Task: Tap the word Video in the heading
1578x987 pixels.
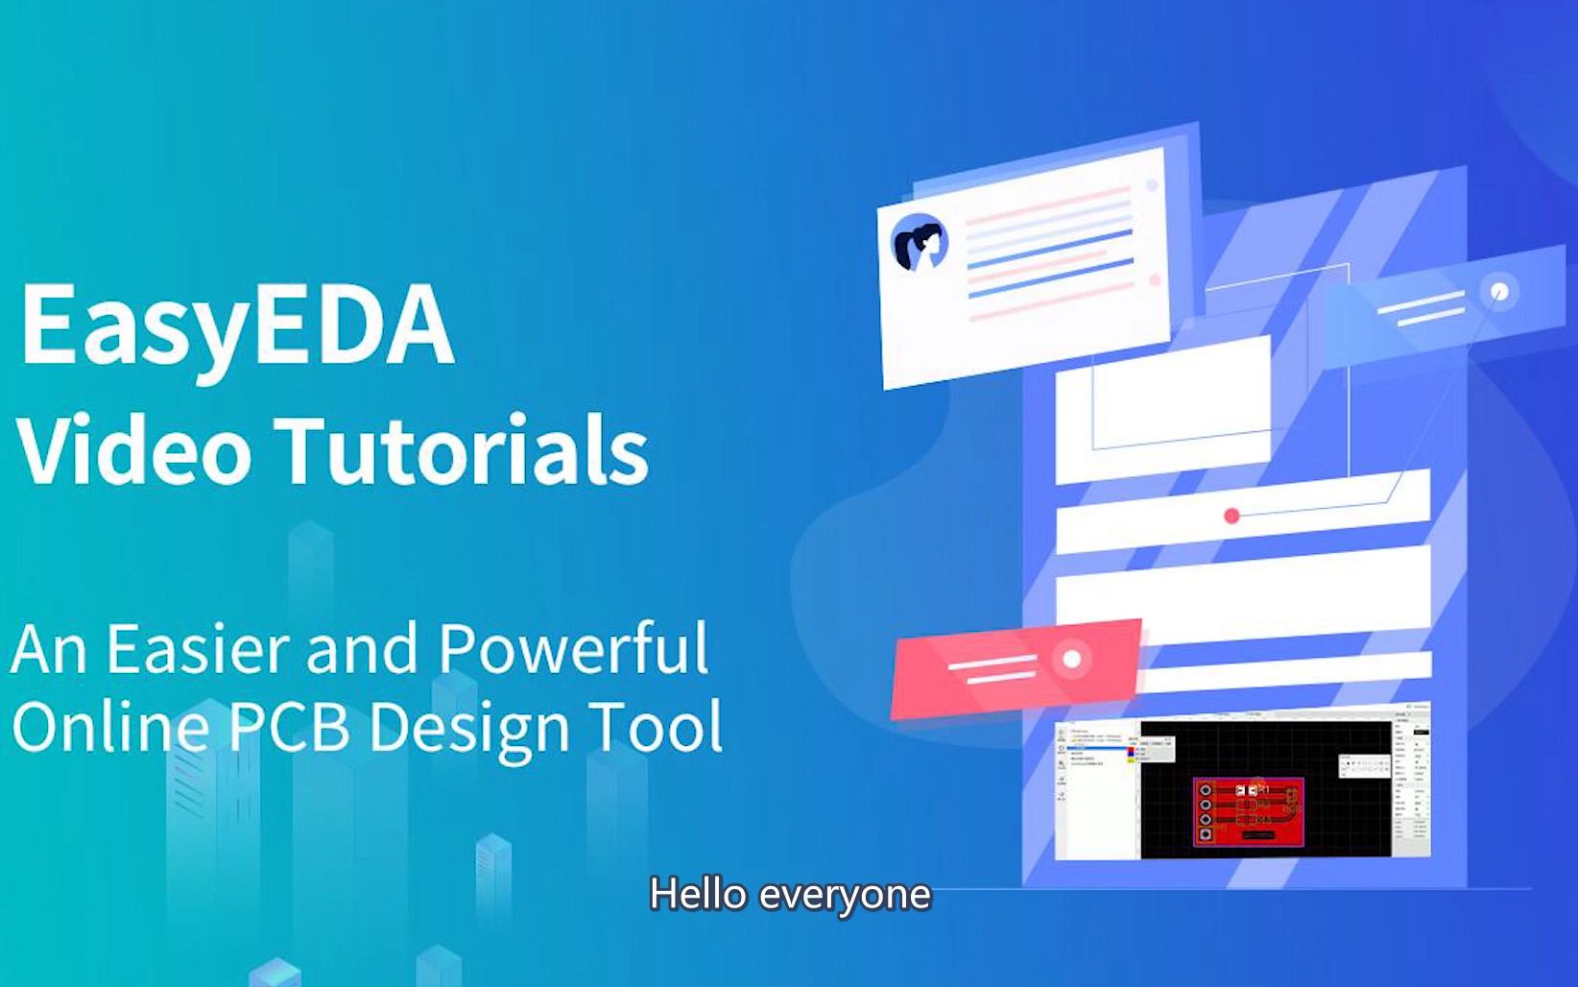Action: (x=134, y=449)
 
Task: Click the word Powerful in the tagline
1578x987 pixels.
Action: (x=573, y=650)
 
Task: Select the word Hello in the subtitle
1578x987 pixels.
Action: (x=698, y=895)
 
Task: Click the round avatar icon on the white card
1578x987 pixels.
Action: (x=920, y=243)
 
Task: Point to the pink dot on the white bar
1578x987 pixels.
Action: (x=1231, y=516)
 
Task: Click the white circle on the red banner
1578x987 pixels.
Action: (x=1072, y=659)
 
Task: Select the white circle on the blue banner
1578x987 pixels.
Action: (x=1499, y=291)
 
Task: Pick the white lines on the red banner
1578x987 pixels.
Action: (x=992, y=669)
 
